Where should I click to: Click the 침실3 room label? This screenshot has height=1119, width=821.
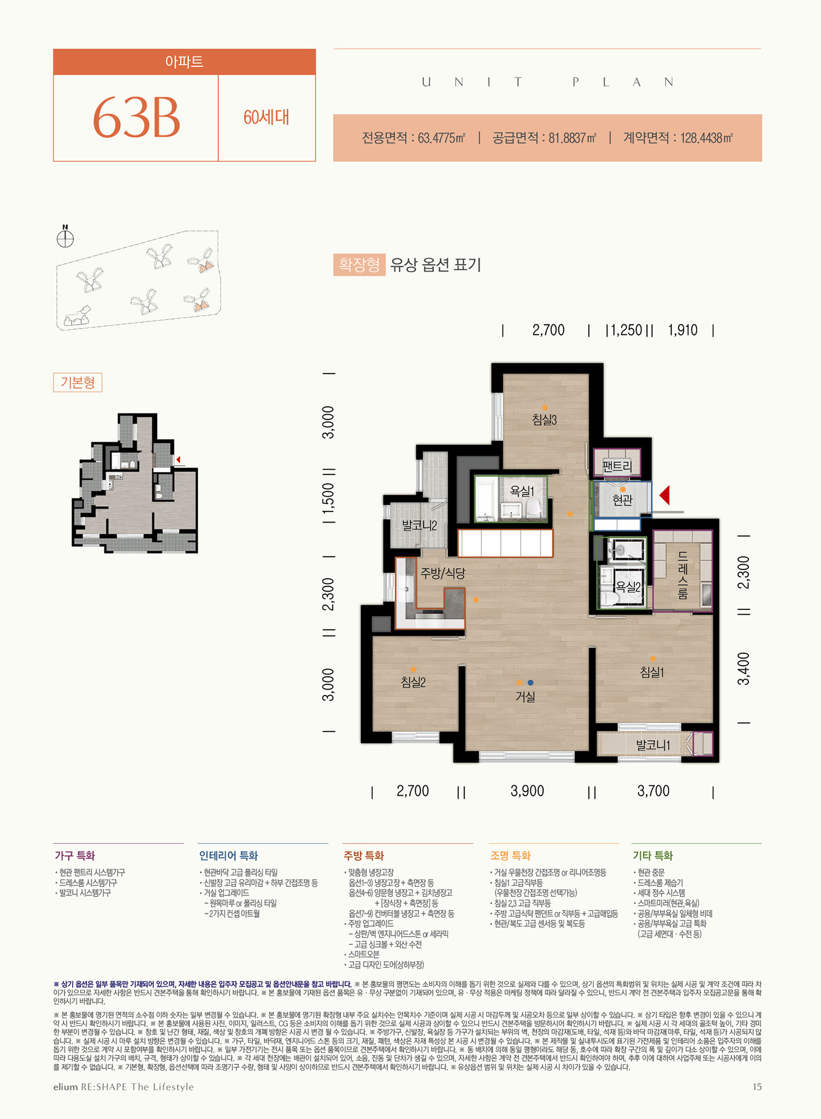(544, 420)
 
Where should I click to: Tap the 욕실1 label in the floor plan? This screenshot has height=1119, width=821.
(521, 491)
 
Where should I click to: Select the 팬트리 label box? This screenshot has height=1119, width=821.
(617, 467)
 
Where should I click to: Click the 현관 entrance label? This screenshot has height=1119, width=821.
(622, 500)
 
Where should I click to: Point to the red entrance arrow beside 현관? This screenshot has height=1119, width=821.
(664, 495)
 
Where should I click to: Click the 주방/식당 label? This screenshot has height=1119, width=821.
(443, 574)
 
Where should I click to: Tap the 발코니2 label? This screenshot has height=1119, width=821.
(419, 525)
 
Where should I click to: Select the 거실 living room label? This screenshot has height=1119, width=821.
(525, 697)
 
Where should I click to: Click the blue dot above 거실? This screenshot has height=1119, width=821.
(530, 683)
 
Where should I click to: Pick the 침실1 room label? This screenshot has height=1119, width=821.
(652, 673)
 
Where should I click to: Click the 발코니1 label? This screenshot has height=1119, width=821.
(653, 745)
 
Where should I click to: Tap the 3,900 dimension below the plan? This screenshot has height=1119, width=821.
(527, 791)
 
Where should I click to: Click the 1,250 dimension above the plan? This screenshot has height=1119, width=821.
(626, 330)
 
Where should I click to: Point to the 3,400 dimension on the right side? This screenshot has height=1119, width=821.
(744, 668)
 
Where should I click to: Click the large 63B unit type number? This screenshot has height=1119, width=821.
(137, 118)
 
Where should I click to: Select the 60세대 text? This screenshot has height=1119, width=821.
(266, 117)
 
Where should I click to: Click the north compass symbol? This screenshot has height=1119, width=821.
(65, 239)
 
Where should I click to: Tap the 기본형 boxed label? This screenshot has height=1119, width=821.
(77, 382)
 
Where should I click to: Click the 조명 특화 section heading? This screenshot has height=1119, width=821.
(510, 856)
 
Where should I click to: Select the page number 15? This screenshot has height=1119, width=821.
(757, 1087)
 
